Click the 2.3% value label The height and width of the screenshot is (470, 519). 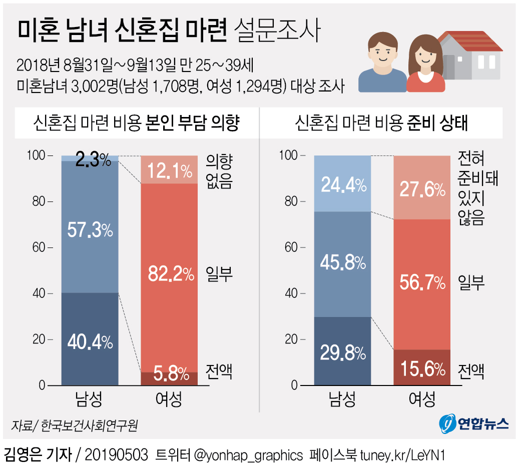[93, 159]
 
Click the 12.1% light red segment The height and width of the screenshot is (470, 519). [169, 170]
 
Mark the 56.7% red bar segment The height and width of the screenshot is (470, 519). [422, 284]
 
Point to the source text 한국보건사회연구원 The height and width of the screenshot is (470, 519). [89, 425]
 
